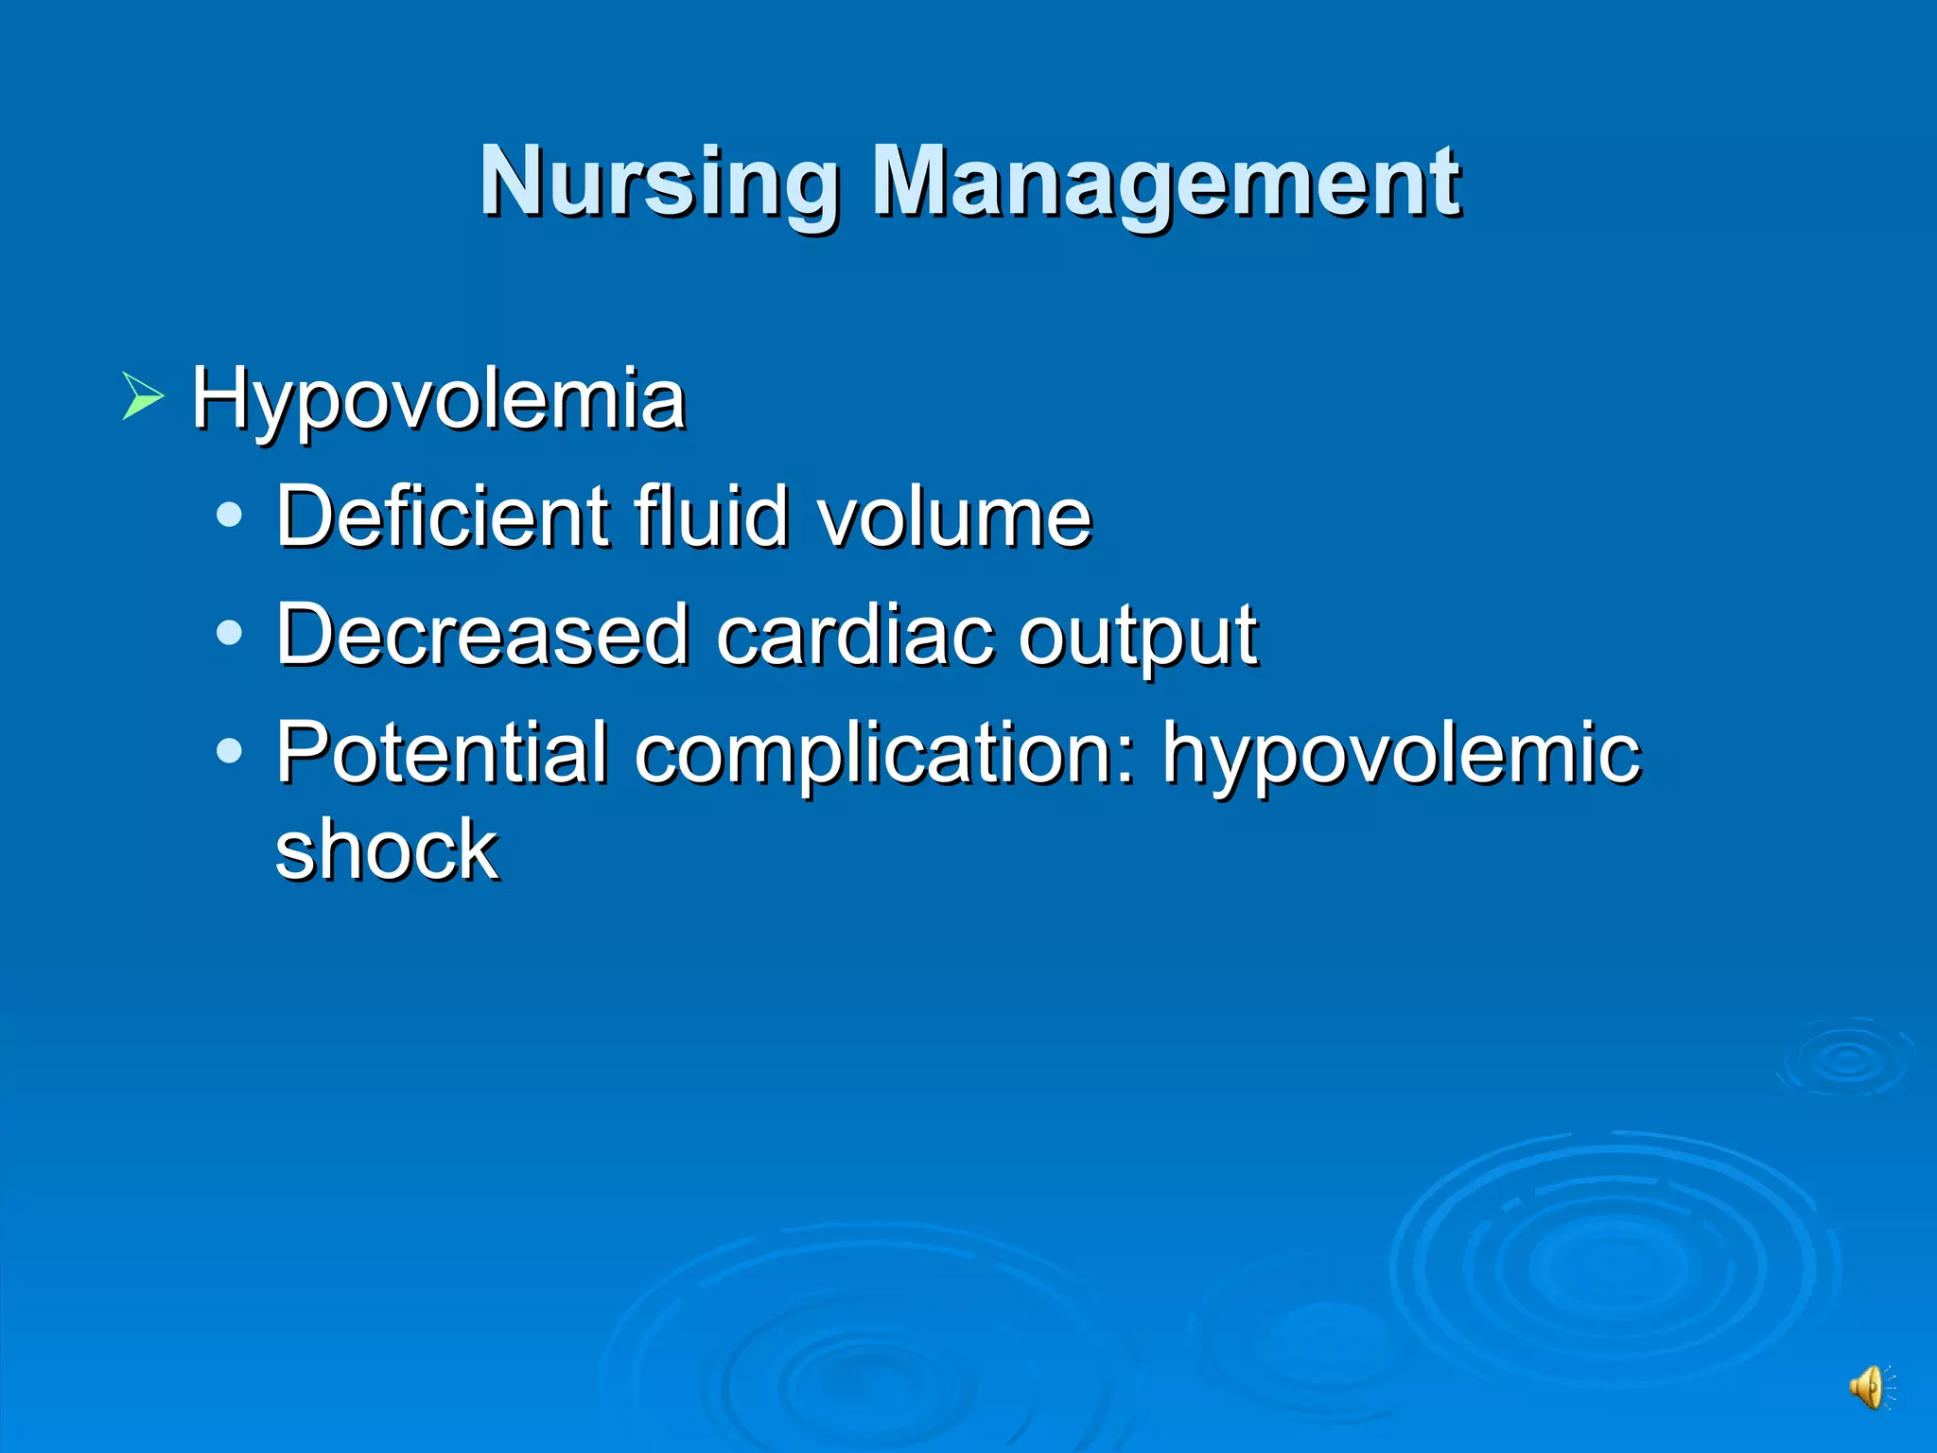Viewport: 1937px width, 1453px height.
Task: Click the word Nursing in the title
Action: click(659, 182)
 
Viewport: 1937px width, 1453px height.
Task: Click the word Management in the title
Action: click(1165, 182)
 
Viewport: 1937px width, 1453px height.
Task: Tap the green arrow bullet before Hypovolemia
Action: click(143, 396)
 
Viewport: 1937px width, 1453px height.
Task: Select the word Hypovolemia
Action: click(438, 399)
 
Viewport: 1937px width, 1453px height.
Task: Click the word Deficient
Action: click(442, 516)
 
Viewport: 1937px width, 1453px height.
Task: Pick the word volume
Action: click(954, 518)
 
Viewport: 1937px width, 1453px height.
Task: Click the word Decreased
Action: click(481, 635)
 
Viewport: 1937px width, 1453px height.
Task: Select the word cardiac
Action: click(855, 635)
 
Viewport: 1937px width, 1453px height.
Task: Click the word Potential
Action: click(442, 753)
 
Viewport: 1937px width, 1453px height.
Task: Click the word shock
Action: click(387, 849)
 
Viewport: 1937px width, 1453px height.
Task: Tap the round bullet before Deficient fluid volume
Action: click(229, 516)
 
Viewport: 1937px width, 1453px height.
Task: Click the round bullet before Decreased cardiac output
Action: click(229, 634)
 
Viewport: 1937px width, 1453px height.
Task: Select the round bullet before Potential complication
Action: click(229, 752)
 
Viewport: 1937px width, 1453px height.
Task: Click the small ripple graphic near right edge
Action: click(1847, 1058)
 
